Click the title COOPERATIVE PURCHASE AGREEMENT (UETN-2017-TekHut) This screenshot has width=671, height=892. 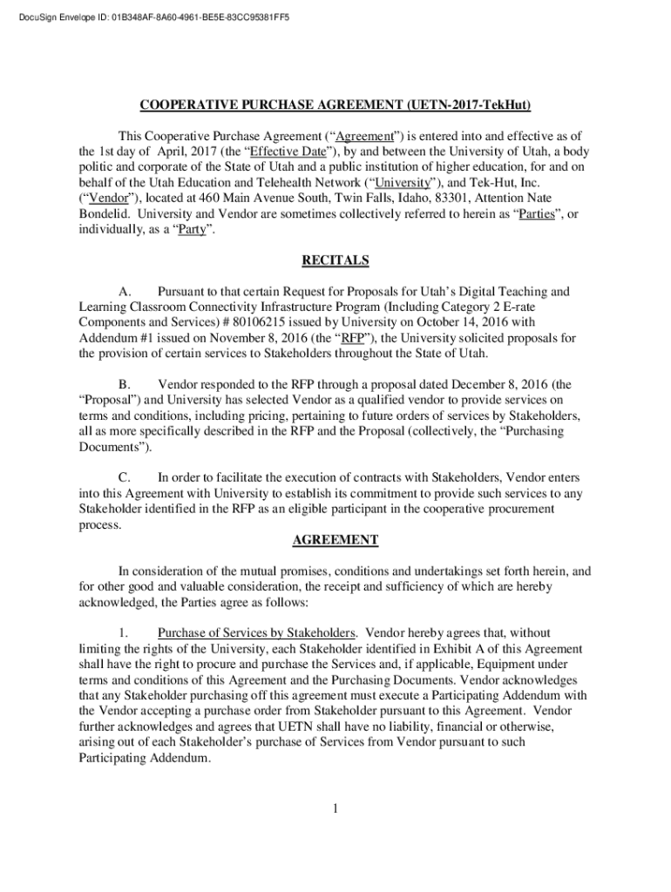pyautogui.click(x=335, y=105)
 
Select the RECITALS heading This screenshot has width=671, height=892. pyautogui.click(x=335, y=260)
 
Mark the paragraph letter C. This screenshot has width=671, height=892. pyautogui.click(x=125, y=477)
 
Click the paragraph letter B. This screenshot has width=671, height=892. pyautogui.click(x=125, y=384)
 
